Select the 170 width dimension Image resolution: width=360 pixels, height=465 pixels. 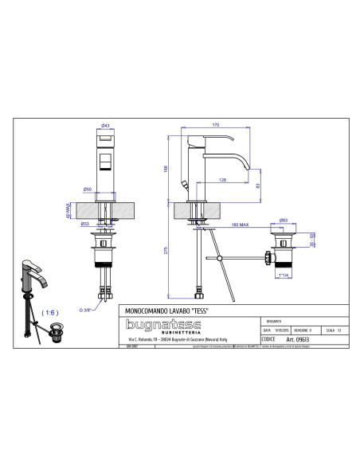[215, 125]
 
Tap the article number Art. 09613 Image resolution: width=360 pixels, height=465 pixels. [303, 338]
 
